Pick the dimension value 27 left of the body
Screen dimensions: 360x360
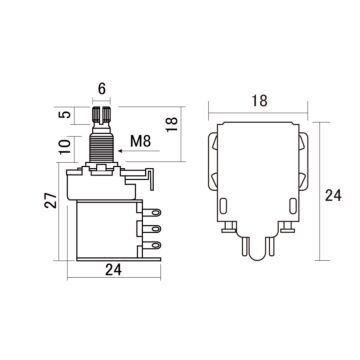(x=36, y=203)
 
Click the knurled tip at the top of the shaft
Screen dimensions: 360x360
(x=102, y=117)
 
